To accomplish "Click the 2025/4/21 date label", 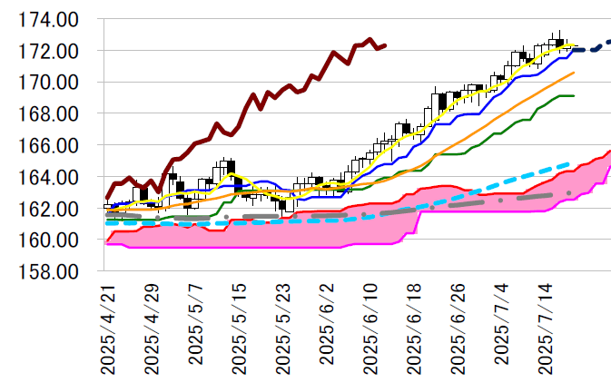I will pos(108,328).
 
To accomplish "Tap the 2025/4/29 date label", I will pos(152,328).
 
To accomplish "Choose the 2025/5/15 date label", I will pos(239,328).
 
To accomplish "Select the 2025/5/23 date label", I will pos(282,328).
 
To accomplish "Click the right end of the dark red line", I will pos(385,44).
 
